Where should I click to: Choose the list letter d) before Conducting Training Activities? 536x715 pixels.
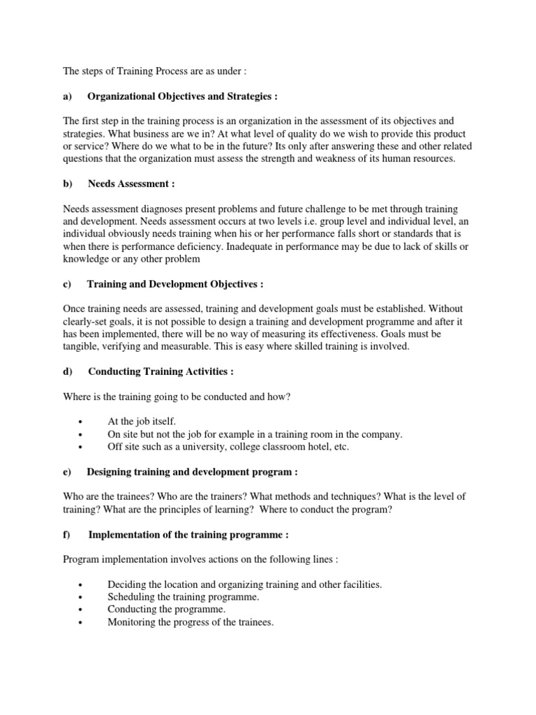pos(68,372)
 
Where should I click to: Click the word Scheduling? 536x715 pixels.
pos(132,597)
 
